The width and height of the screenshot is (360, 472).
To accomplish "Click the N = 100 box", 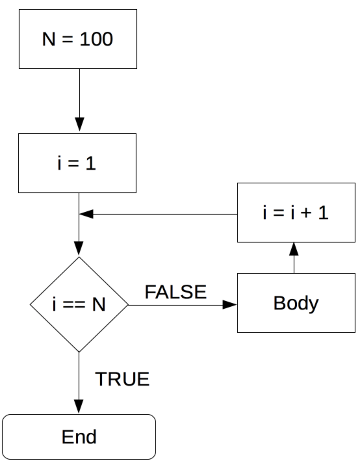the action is click(78, 39).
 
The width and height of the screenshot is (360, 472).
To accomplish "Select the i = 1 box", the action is click(77, 163).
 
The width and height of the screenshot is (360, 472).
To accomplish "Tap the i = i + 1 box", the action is click(296, 213).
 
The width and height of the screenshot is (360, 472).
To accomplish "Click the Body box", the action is click(296, 303).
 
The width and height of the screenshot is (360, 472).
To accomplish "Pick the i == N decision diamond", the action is click(79, 304).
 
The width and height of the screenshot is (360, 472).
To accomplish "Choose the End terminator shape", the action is click(79, 437).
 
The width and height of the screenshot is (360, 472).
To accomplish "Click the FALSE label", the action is click(175, 292).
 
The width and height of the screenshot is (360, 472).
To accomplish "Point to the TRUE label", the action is click(122, 379).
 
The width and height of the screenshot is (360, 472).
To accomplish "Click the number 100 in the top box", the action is click(96, 39).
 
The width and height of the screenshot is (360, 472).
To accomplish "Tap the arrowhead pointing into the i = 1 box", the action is click(80, 124).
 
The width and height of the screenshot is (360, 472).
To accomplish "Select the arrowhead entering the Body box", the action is click(229, 305).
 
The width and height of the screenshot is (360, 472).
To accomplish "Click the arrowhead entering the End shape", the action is click(79, 406).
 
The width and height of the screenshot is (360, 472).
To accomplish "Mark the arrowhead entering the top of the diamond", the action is click(79, 248).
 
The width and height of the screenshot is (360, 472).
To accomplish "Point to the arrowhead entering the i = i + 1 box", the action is click(294, 249).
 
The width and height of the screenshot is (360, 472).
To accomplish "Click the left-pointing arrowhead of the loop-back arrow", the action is click(86, 215).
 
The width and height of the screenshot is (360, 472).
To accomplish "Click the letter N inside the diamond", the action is click(99, 304).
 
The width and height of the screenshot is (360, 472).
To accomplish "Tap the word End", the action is click(79, 437).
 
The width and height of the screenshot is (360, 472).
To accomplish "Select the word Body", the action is click(296, 304).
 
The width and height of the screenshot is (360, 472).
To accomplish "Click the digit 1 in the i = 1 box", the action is click(90, 163).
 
